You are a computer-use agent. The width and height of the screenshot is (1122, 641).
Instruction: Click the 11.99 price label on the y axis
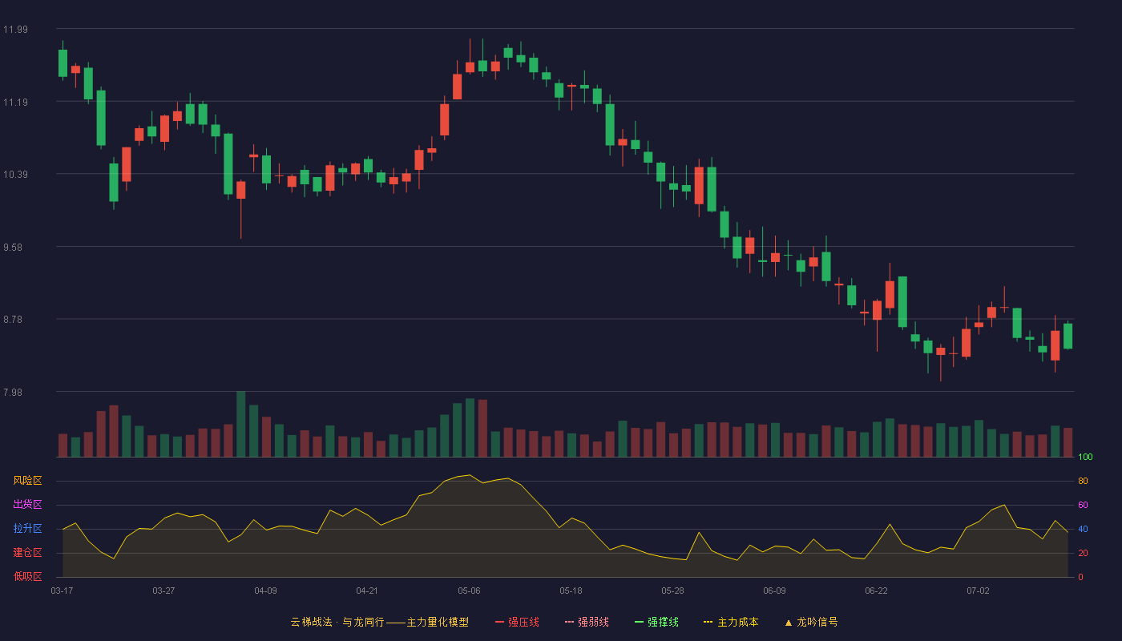point(15,29)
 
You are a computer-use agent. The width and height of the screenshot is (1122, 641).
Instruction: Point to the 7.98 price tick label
point(13,392)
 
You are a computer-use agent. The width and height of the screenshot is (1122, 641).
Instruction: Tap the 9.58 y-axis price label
point(13,248)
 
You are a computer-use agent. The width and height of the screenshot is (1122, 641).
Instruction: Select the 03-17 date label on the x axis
point(63,591)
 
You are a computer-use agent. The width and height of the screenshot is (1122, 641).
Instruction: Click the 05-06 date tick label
point(469,591)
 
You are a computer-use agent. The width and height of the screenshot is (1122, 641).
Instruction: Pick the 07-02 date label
point(978,591)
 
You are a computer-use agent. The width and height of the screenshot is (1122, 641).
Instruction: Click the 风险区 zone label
point(27,480)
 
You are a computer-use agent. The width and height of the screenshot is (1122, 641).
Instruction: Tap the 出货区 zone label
point(27,504)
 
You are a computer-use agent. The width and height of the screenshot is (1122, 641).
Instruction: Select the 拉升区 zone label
point(27,528)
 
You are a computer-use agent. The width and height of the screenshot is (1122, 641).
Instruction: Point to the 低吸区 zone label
point(27,576)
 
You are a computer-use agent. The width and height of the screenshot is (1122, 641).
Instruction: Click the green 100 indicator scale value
point(1085,457)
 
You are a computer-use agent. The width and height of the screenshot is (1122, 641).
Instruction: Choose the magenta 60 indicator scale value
point(1083,505)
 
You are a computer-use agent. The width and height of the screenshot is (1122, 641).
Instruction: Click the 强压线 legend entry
point(517,622)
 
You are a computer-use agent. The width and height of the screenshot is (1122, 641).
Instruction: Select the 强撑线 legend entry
point(656,622)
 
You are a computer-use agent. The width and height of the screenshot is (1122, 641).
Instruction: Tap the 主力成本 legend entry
point(731,622)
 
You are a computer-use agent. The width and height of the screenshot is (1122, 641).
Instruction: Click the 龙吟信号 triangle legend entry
point(811,622)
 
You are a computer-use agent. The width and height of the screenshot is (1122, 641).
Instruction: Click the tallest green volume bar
point(241,424)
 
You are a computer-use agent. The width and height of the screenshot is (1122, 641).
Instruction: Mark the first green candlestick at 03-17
point(63,63)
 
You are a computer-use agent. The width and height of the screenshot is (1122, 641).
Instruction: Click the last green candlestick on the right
point(1068,336)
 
